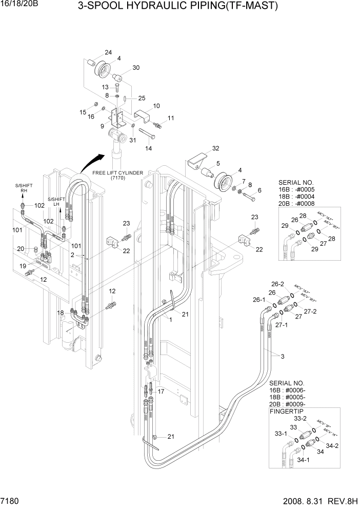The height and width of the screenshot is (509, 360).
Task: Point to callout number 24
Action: tap(108, 53)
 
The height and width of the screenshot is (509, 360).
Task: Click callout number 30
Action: tap(136, 68)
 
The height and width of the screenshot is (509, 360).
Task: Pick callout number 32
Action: tap(215, 148)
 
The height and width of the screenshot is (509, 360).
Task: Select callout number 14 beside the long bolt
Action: tap(149, 149)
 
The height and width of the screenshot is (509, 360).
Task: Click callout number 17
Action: tap(161, 391)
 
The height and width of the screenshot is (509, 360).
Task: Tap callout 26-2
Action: tap(277, 283)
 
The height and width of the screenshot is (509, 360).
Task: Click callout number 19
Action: tap(22, 266)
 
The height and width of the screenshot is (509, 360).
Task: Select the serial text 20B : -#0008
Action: tap(296, 203)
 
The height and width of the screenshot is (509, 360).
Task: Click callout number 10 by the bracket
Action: tap(156, 106)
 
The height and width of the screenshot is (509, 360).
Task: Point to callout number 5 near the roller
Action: tap(217, 164)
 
